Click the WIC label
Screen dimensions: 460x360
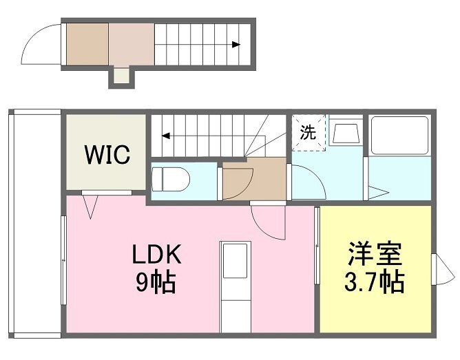107,154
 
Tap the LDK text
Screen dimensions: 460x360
156,254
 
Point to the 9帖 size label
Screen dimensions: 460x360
156,282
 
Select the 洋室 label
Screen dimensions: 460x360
375,254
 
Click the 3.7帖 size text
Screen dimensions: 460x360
375,282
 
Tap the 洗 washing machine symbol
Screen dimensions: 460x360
309,133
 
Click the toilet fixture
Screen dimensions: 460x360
170,180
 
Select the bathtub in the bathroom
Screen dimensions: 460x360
399,135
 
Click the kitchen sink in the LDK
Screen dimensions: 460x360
236,261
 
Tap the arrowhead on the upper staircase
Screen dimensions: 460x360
236,45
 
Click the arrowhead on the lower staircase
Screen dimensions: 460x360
166,136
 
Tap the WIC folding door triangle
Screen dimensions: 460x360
90,207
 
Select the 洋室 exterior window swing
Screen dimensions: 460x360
445,269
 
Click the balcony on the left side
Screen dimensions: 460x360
34,224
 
